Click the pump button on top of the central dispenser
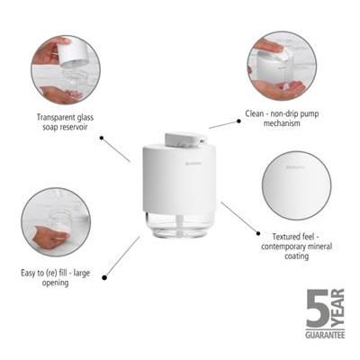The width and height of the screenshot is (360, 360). click(183, 137)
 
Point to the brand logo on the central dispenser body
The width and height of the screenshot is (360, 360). click(207, 162)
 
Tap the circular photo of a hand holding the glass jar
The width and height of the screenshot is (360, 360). click(55, 221)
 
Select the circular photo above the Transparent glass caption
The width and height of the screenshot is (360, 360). click(65, 70)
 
